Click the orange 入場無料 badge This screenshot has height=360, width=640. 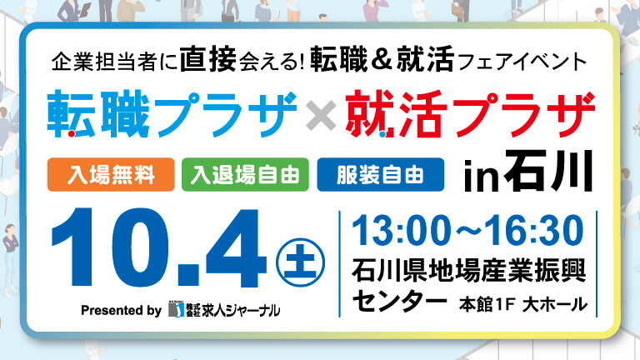111,175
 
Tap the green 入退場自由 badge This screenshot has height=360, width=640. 245,175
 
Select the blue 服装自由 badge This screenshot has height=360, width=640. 380,175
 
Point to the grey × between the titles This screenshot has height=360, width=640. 321,116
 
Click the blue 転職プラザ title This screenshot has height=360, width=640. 172,114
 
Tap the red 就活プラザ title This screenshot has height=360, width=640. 470,114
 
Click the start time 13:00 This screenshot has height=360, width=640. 401,231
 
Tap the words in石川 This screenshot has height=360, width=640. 528,172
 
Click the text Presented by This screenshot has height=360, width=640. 121,310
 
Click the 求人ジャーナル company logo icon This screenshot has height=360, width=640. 177,310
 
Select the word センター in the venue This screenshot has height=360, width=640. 400,302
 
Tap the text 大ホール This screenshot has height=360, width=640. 555,304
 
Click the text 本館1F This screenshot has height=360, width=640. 486,304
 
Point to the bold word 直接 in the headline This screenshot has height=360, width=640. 207,60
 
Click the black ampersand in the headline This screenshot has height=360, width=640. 382,60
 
